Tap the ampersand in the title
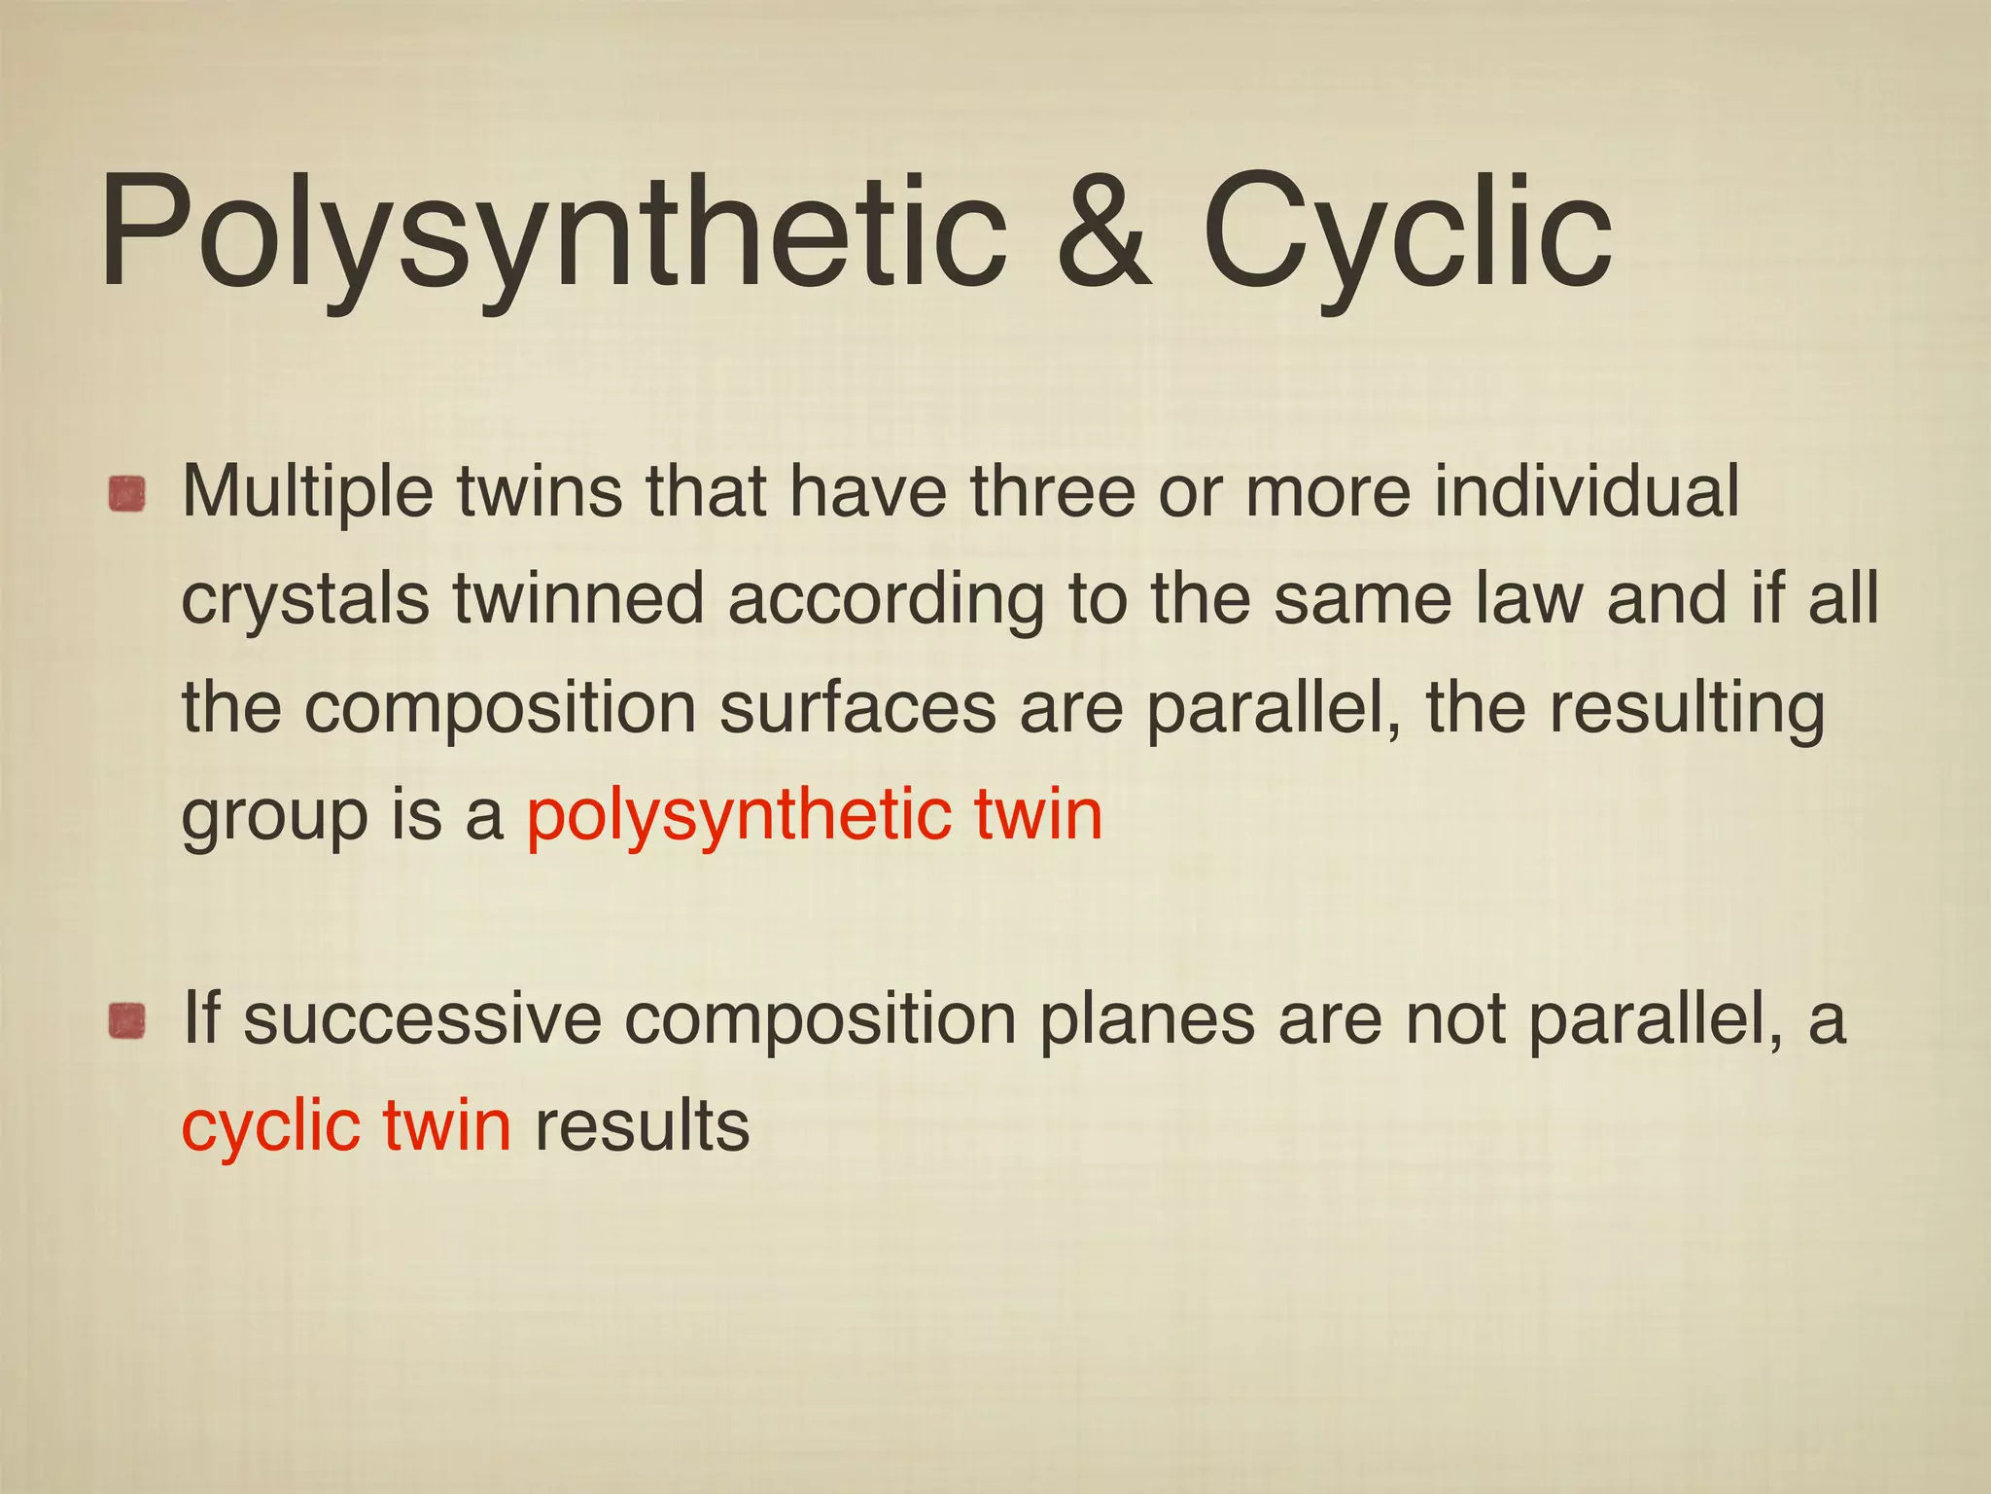coord(1103,233)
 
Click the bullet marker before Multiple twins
coord(126,494)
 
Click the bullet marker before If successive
coord(126,1022)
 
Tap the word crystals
coord(305,601)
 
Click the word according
coord(885,601)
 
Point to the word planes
coord(1147,1021)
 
